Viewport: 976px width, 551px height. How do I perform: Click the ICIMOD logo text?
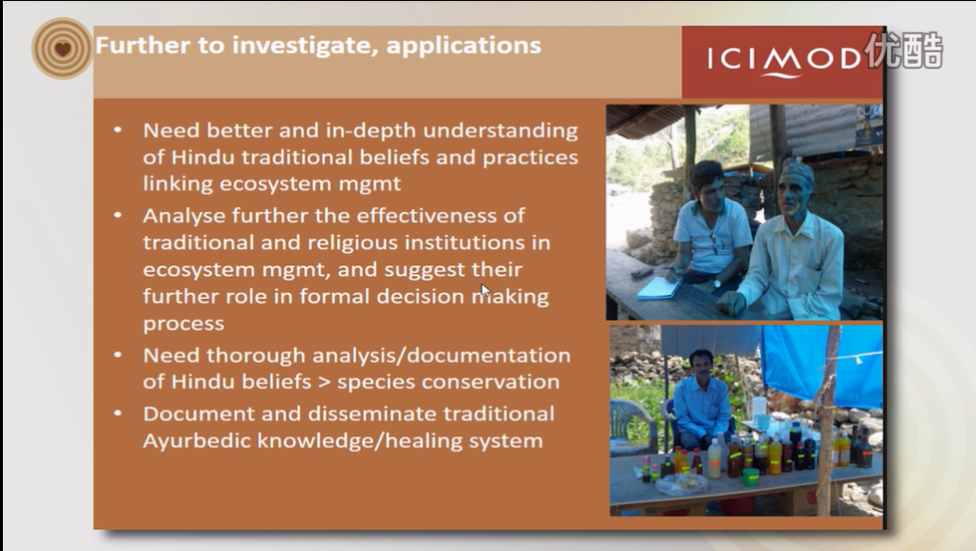coord(784,60)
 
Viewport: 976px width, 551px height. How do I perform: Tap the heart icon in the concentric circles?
coord(62,49)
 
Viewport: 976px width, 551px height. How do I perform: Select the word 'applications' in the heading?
coord(464,46)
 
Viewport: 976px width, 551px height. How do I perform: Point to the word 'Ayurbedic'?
coord(197,441)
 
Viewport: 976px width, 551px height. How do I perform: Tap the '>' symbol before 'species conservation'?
coord(324,381)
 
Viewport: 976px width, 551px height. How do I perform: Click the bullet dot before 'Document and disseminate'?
coord(117,413)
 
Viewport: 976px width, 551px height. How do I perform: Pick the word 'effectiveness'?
coord(440,216)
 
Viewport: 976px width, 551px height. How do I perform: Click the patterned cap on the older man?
coord(797,169)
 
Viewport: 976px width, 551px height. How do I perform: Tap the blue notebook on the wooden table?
coord(659,287)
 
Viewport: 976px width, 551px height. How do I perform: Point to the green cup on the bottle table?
coord(751,477)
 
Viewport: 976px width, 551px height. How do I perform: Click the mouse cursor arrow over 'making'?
coord(485,290)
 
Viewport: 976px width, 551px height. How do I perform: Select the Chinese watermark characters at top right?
coord(904,50)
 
